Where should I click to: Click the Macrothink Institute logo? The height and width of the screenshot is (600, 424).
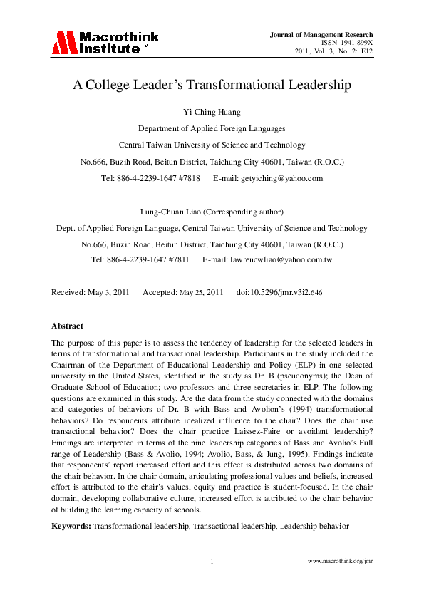pos(105,43)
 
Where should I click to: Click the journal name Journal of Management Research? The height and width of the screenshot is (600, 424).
pos(321,35)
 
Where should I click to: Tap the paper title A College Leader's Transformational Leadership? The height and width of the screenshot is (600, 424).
pos(212,86)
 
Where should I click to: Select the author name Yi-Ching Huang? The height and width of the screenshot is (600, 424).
pos(212,113)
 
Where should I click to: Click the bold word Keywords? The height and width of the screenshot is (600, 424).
pos(71,526)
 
